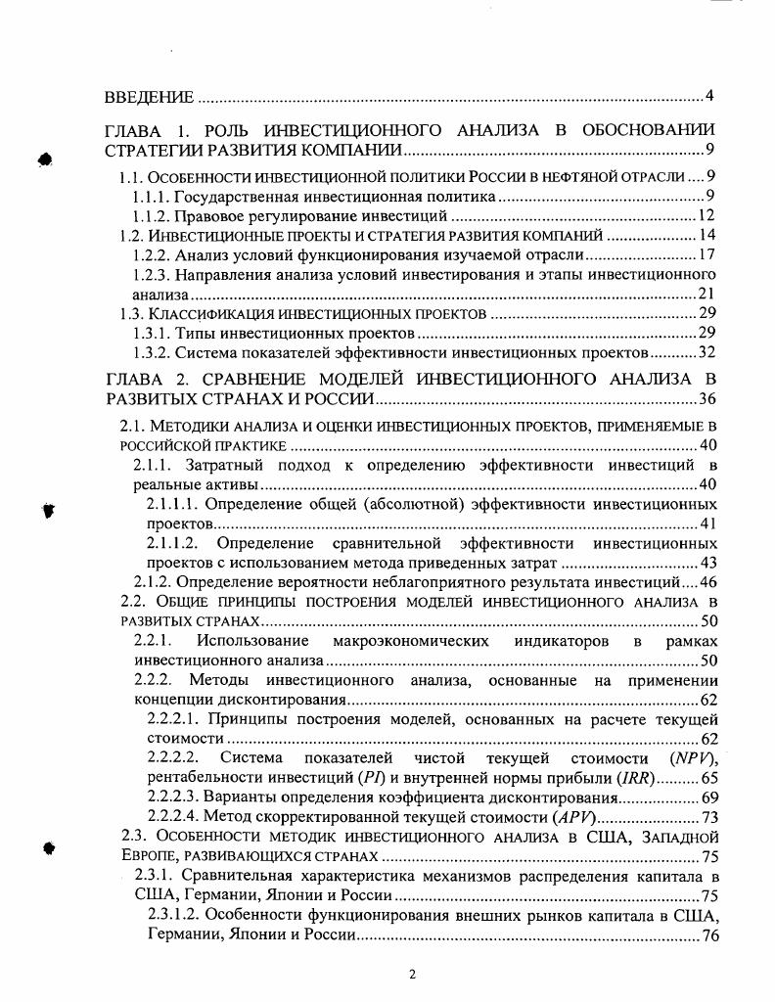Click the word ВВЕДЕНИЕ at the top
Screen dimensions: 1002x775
click(148, 98)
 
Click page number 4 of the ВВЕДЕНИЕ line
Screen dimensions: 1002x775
click(709, 97)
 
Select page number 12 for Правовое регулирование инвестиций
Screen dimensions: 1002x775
click(708, 216)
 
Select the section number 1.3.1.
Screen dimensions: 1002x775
click(152, 333)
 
